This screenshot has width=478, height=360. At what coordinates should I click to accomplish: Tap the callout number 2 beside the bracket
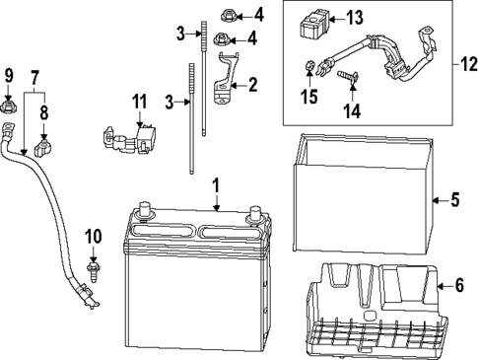click(x=252, y=86)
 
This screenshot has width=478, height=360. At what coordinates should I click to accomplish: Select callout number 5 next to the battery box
click(x=454, y=201)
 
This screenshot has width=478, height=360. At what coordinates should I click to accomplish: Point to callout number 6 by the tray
click(x=457, y=285)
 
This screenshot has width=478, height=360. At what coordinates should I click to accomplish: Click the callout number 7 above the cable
click(x=35, y=76)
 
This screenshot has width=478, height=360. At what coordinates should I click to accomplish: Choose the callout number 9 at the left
click(x=9, y=76)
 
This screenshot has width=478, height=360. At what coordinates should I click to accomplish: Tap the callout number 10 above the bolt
click(x=94, y=236)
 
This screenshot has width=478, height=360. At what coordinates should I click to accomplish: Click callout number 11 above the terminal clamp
click(x=139, y=100)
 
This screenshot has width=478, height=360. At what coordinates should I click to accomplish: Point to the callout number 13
click(x=355, y=16)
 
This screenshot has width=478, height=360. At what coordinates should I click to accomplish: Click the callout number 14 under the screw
click(x=350, y=111)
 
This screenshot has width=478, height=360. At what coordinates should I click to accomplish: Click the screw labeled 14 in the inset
click(x=348, y=80)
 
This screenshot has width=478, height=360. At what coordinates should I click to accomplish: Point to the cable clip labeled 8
click(x=41, y=150)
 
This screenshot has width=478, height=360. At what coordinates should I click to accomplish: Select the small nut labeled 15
click(x=308, y=68)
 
